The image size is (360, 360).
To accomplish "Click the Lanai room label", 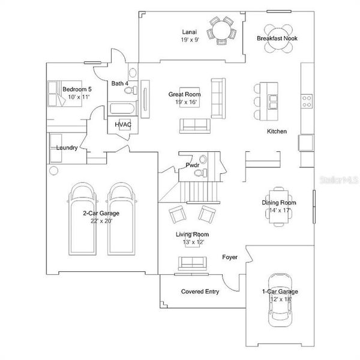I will pyautogui.click(x=190, y=32).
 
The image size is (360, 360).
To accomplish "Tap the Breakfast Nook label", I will pyautogui.click(x=277, y=38).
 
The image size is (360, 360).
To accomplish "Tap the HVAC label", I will pyautogui.click(x=123, y=124).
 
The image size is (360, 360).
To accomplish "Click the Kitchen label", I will pyautogui.click(x=277, y=131).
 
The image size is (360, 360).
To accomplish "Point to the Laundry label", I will pyautogui.click(x=67, y=148).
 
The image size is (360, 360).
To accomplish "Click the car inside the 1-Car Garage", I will pyautogui.click(x=279, y=300).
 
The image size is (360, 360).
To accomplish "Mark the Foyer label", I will pyautogui.click(x=229, y=257).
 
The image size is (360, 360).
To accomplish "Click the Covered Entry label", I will pyautogui.click(x=200, y=292).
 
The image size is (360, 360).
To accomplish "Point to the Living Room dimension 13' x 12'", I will pyautogui.click(x=192, y=242).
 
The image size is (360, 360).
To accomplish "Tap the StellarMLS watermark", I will pyautogui.click(x=339, y=179).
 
